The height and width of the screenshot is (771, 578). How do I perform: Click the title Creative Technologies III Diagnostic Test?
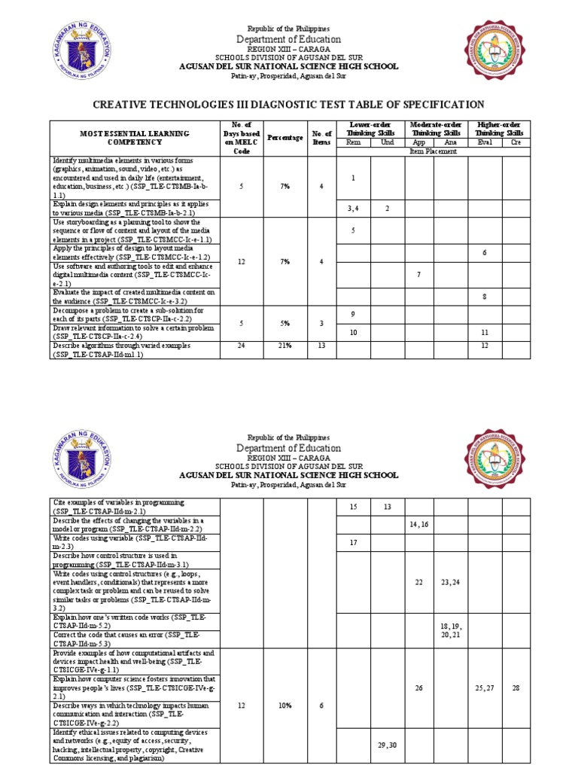288,105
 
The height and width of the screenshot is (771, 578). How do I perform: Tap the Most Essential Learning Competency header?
135,137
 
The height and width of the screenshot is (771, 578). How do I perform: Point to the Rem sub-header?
353,142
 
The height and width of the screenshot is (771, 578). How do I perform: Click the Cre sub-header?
516,142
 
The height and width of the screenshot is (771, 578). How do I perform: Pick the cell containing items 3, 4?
353,208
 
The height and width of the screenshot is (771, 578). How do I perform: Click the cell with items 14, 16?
418,524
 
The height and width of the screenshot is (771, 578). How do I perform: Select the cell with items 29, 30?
387,745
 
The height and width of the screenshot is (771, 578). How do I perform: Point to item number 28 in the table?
516,688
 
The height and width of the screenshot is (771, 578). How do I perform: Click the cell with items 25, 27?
482,688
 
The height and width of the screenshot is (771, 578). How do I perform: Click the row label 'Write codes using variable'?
135,541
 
